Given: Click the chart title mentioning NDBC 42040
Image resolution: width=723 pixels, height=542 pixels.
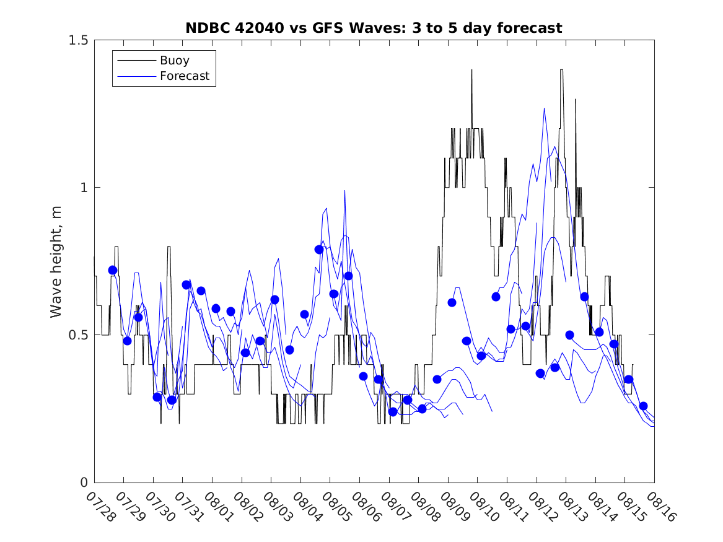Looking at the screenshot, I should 374,28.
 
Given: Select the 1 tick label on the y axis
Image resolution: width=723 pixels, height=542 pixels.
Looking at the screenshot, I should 83,188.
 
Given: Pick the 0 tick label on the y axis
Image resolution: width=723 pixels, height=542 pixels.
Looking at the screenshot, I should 83,483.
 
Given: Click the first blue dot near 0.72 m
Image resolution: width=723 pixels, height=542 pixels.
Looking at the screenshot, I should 113,270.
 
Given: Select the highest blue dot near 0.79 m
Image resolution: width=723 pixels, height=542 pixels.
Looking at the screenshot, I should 319,250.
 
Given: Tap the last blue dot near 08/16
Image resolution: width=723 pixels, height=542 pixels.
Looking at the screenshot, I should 643,406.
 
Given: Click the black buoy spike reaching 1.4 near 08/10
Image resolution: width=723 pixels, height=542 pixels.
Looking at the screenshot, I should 471,71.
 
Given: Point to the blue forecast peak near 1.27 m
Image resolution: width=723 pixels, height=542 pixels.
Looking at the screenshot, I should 545,108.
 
